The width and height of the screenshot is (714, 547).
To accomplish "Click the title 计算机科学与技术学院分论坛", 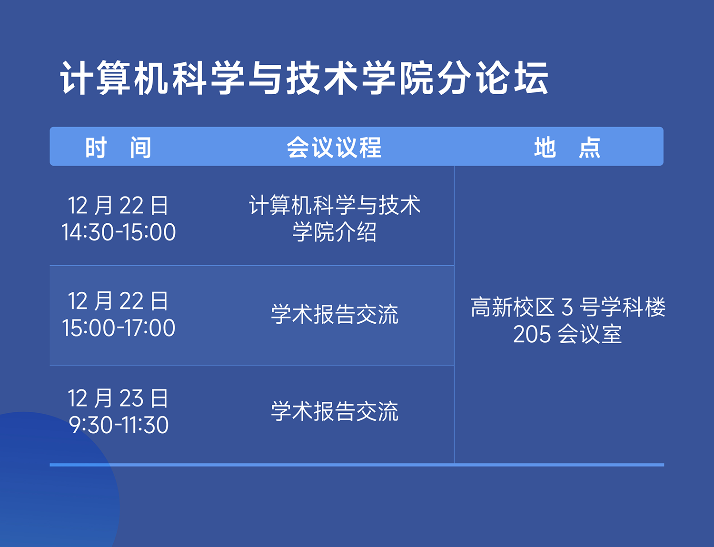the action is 304,79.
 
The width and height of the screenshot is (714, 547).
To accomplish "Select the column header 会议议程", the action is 334,148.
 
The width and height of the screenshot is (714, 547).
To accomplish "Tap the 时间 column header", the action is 119,148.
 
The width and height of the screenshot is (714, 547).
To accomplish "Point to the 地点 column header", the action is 567,148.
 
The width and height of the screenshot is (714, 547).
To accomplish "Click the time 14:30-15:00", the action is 119,232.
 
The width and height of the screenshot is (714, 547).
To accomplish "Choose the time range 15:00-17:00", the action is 119,328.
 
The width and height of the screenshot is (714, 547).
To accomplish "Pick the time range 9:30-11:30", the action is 119,425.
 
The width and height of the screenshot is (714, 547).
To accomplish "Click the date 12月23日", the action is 119,398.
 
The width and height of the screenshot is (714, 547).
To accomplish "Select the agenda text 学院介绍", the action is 334,232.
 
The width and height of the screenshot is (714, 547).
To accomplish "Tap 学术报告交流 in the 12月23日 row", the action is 335,411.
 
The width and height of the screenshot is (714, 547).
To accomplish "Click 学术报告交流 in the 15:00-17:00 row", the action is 335,314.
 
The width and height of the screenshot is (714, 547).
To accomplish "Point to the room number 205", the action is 532,335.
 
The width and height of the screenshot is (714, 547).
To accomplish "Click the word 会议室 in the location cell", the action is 590,334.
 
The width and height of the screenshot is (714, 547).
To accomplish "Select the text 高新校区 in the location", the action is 513,307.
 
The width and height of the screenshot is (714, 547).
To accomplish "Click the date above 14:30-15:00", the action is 119,206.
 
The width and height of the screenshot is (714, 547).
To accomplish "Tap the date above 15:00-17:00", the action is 119,301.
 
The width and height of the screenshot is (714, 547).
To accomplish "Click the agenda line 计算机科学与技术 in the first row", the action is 335,206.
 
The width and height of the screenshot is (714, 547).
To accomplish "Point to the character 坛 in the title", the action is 531,79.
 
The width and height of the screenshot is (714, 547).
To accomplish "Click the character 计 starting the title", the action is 77,79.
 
